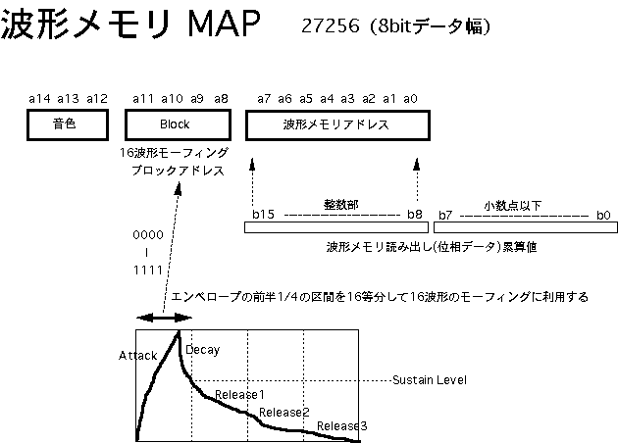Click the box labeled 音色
click(x=65, y=124)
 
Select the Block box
click(x=174, y=124)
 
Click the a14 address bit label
click(x=39, y=98)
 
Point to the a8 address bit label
click(x=221, y=98)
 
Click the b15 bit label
click(x=263, y=214)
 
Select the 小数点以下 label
click(x=514, y=205)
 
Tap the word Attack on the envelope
click(x=136, y=355)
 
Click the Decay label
click(x=202, y=349)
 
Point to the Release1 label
click(x=239, y=394)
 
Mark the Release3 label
click(x=341, y=425)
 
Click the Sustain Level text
click(x=429, y=379)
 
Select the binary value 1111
click(x=148, y=267)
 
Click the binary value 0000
click(x=148, y=235)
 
